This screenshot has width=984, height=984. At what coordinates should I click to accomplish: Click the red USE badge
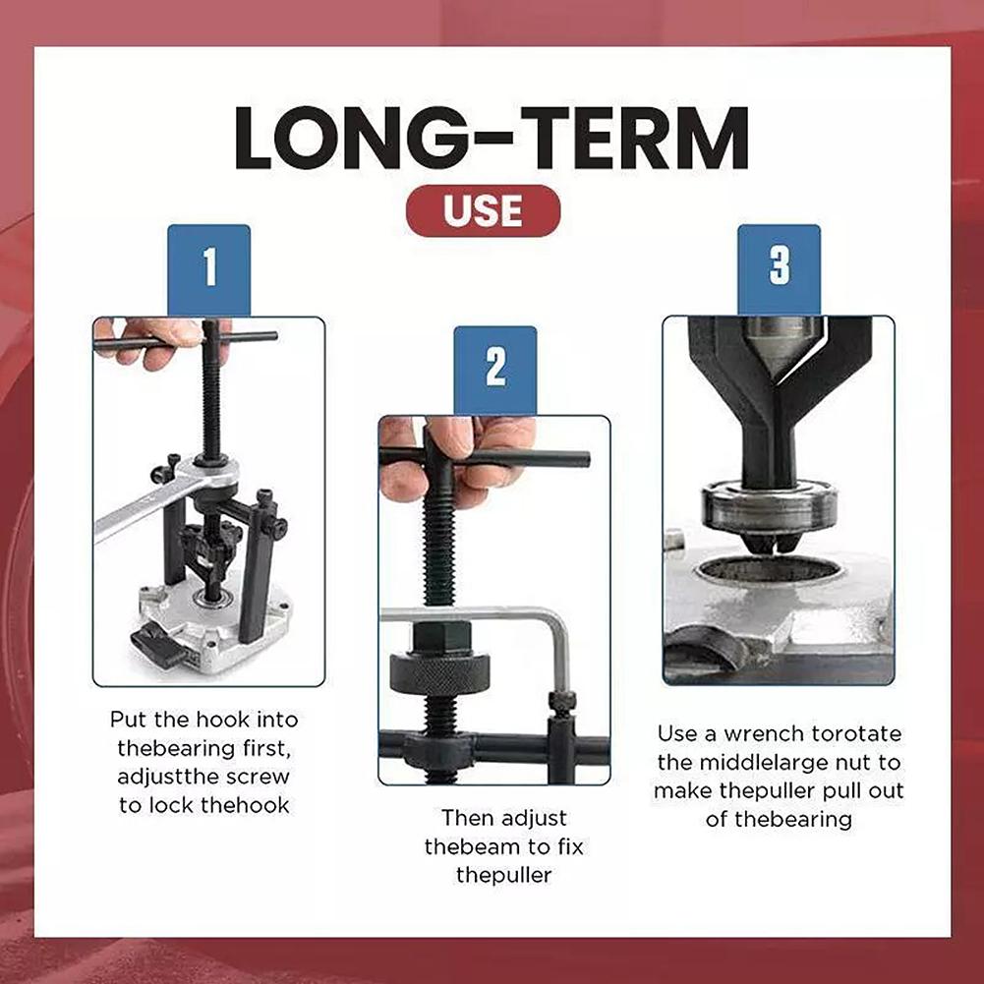483,211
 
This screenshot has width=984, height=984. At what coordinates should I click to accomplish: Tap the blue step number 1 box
208,269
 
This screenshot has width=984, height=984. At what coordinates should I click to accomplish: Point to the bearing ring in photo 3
769,506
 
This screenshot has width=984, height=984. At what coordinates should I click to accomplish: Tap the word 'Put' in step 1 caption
128,720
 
